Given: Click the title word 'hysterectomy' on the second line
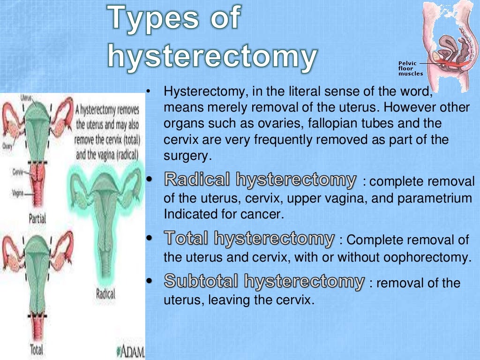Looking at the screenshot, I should pyautogui.click(x=212, y=57).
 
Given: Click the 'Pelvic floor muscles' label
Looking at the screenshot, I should pyautogui.click(x=410, y=68).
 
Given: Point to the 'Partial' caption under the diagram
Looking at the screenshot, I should pyautogui.click(x=37, y=218).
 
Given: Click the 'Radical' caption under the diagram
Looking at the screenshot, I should pyautogui.click(x=105, y=294).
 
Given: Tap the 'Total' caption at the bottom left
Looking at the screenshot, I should pyautogui.click(x=37, y=349).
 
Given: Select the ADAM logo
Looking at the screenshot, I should pyautogui.click(x=130, y=351).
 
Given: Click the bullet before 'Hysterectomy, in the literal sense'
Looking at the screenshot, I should pyautogui.click(x=148, y=91).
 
